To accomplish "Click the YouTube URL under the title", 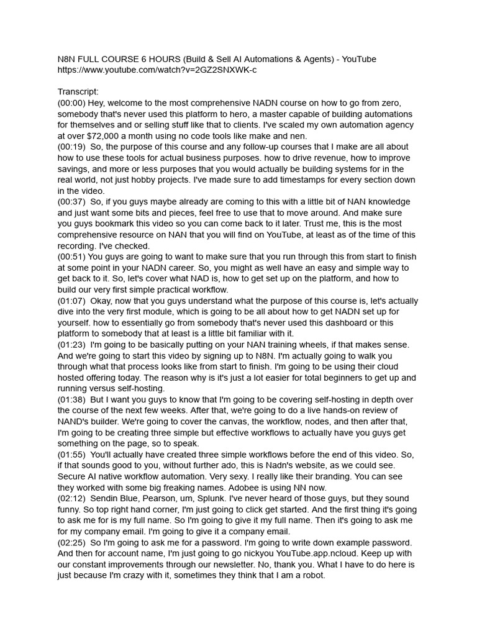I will (x=157, y=70).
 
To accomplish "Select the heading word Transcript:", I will (x=78, y=93).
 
